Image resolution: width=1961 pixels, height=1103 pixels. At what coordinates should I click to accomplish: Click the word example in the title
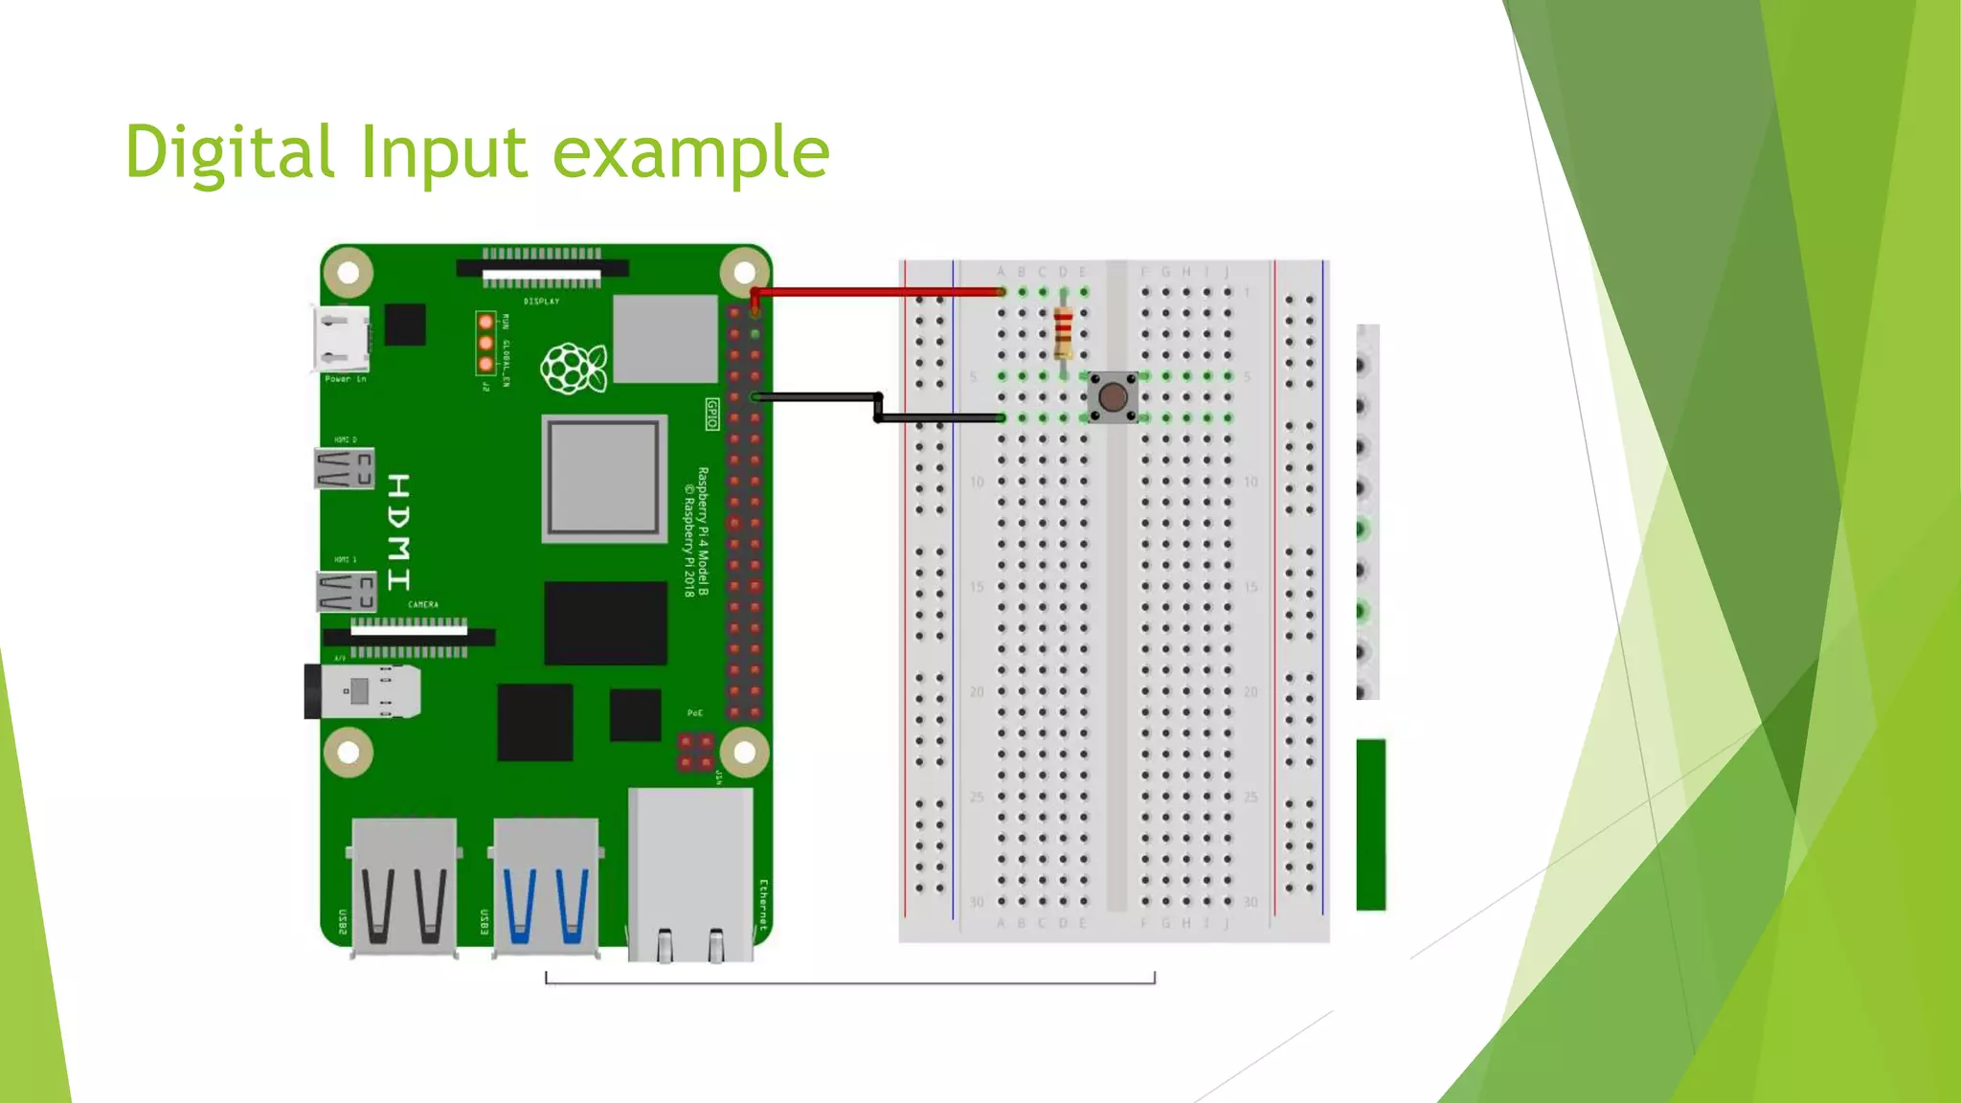tap(690, 153)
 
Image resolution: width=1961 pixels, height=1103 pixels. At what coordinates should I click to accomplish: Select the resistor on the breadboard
tap(1063, 333)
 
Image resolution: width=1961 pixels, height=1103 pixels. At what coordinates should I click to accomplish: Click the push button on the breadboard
tap(1112, 396)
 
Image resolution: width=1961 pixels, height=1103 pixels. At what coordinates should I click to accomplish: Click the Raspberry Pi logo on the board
tap(573, 369)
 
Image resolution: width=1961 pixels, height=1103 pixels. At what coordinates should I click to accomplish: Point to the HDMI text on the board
tap(399, 531)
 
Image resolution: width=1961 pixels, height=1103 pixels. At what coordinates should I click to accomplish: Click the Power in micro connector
tap(340, 338)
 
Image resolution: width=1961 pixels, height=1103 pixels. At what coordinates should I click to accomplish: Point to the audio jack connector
tap(364, 691)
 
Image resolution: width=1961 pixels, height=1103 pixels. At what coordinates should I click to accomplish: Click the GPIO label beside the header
tap(711, 414)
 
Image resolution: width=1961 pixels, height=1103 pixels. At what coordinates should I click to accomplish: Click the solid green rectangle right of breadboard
tap(1370, 823)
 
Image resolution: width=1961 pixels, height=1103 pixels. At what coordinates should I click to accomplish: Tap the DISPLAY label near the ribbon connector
tap(541, 302)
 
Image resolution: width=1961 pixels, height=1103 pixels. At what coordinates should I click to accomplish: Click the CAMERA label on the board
tap(422, 605)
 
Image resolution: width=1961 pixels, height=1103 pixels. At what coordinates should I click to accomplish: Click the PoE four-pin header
tap(695, 752)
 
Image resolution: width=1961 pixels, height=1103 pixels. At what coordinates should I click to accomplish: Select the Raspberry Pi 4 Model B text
tap(703, 531)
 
